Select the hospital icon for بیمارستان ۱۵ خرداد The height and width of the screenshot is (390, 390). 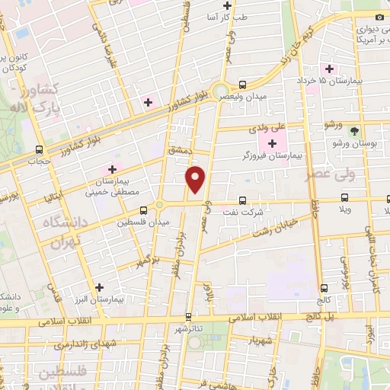point(329,69)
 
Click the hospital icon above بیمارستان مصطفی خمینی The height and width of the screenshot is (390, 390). point(112,169)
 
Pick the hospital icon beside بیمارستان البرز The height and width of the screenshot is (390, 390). point(99,287)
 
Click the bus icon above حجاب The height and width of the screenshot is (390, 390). point(39,149)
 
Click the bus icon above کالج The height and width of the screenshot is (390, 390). point(324,288)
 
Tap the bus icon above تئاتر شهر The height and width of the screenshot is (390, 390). point(188,316)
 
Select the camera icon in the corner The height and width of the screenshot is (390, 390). point(380,17)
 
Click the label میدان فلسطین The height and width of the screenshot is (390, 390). point(137,222)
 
